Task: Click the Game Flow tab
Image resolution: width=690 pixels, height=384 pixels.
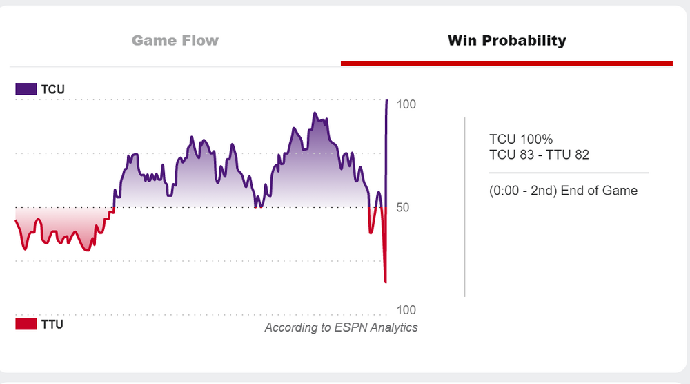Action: (175, 40)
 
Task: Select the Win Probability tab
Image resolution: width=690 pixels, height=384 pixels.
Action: (506, 40)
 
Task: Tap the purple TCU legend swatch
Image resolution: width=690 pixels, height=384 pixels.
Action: (26, 89)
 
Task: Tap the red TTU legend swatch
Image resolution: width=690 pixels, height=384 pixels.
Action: (26, 324)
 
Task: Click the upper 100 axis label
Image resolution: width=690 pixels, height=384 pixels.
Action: (406, 104)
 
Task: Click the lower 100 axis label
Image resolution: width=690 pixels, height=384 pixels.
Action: (406, 310)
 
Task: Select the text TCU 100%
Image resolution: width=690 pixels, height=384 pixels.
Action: (521, 140)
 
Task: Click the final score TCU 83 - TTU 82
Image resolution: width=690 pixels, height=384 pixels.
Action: (539, 155)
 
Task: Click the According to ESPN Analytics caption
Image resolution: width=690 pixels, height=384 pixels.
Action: (341, 327)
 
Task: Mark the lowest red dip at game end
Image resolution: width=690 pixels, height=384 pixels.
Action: (385, 282)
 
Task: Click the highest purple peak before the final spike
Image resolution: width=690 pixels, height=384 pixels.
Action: (315, 113)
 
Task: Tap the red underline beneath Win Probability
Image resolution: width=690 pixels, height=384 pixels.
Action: (506, 64)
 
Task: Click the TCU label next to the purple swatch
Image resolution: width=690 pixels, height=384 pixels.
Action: (53, 89)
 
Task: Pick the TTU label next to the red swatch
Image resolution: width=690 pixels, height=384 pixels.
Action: (52, 324)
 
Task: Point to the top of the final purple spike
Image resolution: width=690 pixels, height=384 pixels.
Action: (386, 101)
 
